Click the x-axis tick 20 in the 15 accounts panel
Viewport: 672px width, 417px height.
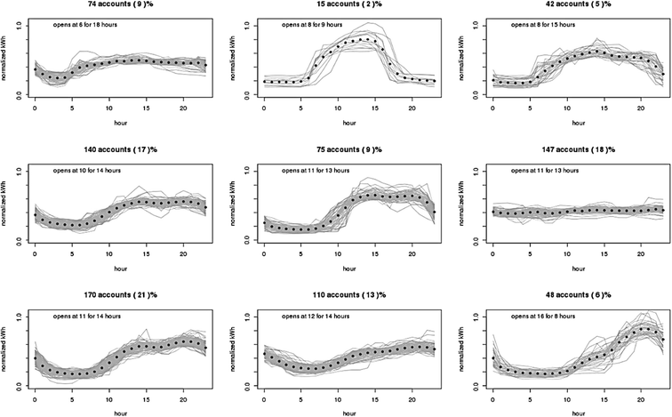tap(412, 107)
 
